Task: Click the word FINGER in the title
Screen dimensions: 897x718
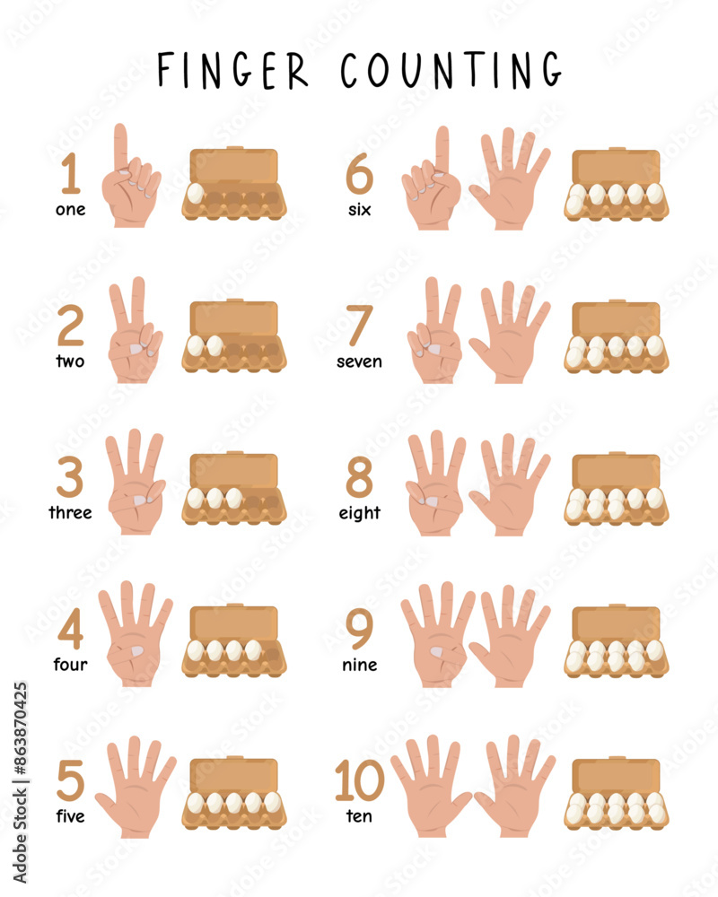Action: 232,69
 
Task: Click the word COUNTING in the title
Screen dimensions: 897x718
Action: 451,69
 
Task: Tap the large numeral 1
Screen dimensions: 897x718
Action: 71,174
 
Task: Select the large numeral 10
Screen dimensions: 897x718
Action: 359,780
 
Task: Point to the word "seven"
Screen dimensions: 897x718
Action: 359,361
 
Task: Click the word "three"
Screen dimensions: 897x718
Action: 70,513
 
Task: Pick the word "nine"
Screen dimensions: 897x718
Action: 359,665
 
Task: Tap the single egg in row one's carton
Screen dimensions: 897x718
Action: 197,194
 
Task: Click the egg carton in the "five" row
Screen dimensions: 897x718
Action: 234,793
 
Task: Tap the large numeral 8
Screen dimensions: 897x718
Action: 359,480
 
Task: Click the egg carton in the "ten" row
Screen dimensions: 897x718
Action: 617,793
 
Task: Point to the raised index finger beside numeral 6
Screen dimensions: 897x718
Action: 442,151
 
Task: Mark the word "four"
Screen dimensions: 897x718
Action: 70,665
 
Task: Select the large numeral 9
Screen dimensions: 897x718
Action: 359,631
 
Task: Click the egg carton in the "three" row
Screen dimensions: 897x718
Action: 234,489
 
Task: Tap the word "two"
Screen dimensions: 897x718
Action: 70,361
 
